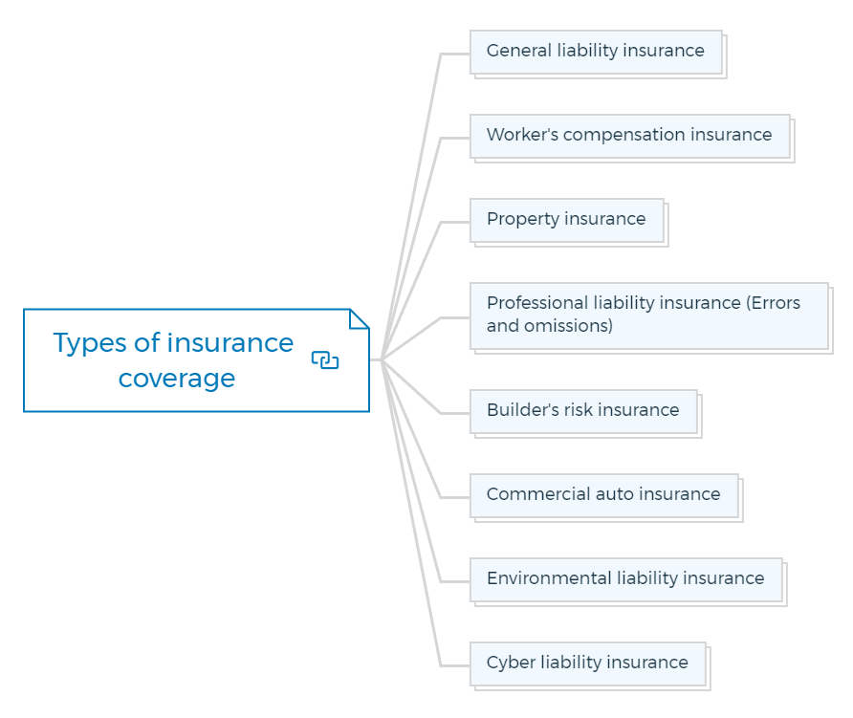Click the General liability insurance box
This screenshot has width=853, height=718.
coord(596,53)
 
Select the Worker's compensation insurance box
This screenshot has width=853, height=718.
coord(630,137)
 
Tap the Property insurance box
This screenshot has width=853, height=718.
coord(567,220)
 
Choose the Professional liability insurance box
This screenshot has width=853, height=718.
coord(649,316)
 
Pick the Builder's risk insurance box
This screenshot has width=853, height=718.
coord(583,412)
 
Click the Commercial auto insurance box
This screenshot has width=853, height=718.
coord(604,495)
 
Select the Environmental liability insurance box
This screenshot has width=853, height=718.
coord(626,579)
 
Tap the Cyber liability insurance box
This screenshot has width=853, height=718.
coord(588,664)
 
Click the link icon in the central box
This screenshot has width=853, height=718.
coord(325,360)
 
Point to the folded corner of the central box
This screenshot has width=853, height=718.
coord(359,319)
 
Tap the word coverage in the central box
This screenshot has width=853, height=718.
coord(177,380)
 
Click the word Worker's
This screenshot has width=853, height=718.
coord(522,135)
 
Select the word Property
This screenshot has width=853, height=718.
coord(523,220)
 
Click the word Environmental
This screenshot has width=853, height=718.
coord(549,577)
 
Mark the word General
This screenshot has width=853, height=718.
coord(519,50)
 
